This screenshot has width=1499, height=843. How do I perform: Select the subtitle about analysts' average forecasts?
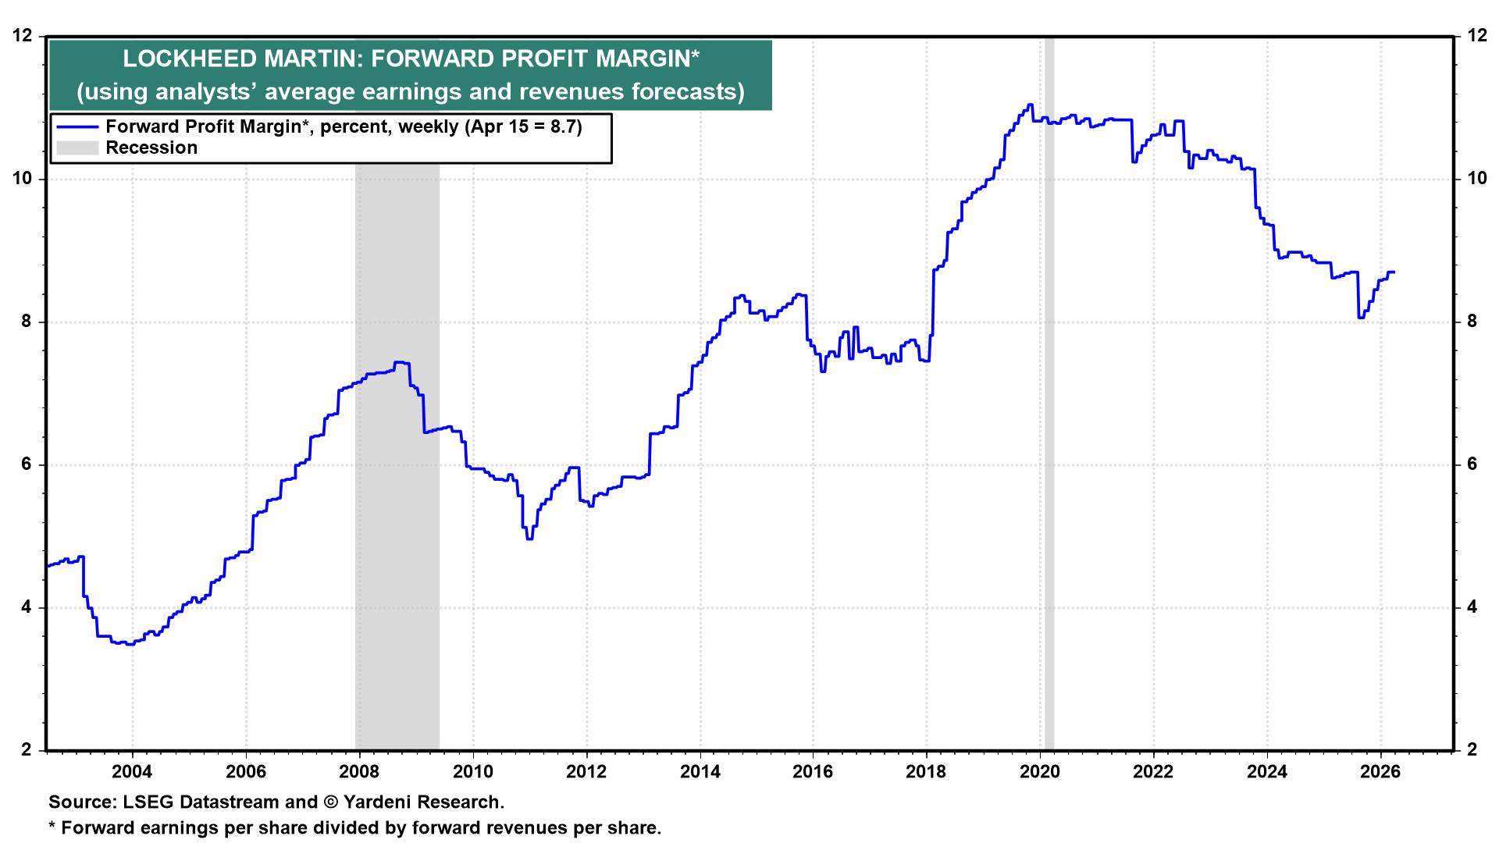pyautogui.click(x=410, y=92)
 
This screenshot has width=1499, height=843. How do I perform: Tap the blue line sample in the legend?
pyautogui.click(x=77, y=127)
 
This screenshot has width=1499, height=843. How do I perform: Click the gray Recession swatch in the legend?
pyautogui.click(x=77, y=148)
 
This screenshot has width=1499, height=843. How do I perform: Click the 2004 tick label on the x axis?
pyautogui.click(x=132, y=772)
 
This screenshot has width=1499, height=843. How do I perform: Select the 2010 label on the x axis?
pyautogui.click(x=472, y=772)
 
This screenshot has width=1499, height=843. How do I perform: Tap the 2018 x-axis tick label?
pyautogui.click(x=927, y=772)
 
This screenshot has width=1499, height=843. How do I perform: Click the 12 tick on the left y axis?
pyautogui.click(x=25, y=36)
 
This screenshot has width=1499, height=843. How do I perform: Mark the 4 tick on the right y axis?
pyautogui.click(x=1472, y=607)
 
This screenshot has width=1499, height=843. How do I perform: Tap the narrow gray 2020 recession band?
pyautogui.click(x=1049, y=468)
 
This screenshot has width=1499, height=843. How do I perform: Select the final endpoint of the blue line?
pyautogui.click(x=1394, y=272)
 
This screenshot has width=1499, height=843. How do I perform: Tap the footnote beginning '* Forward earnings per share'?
pyautogui.click(x=355, y=827)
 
